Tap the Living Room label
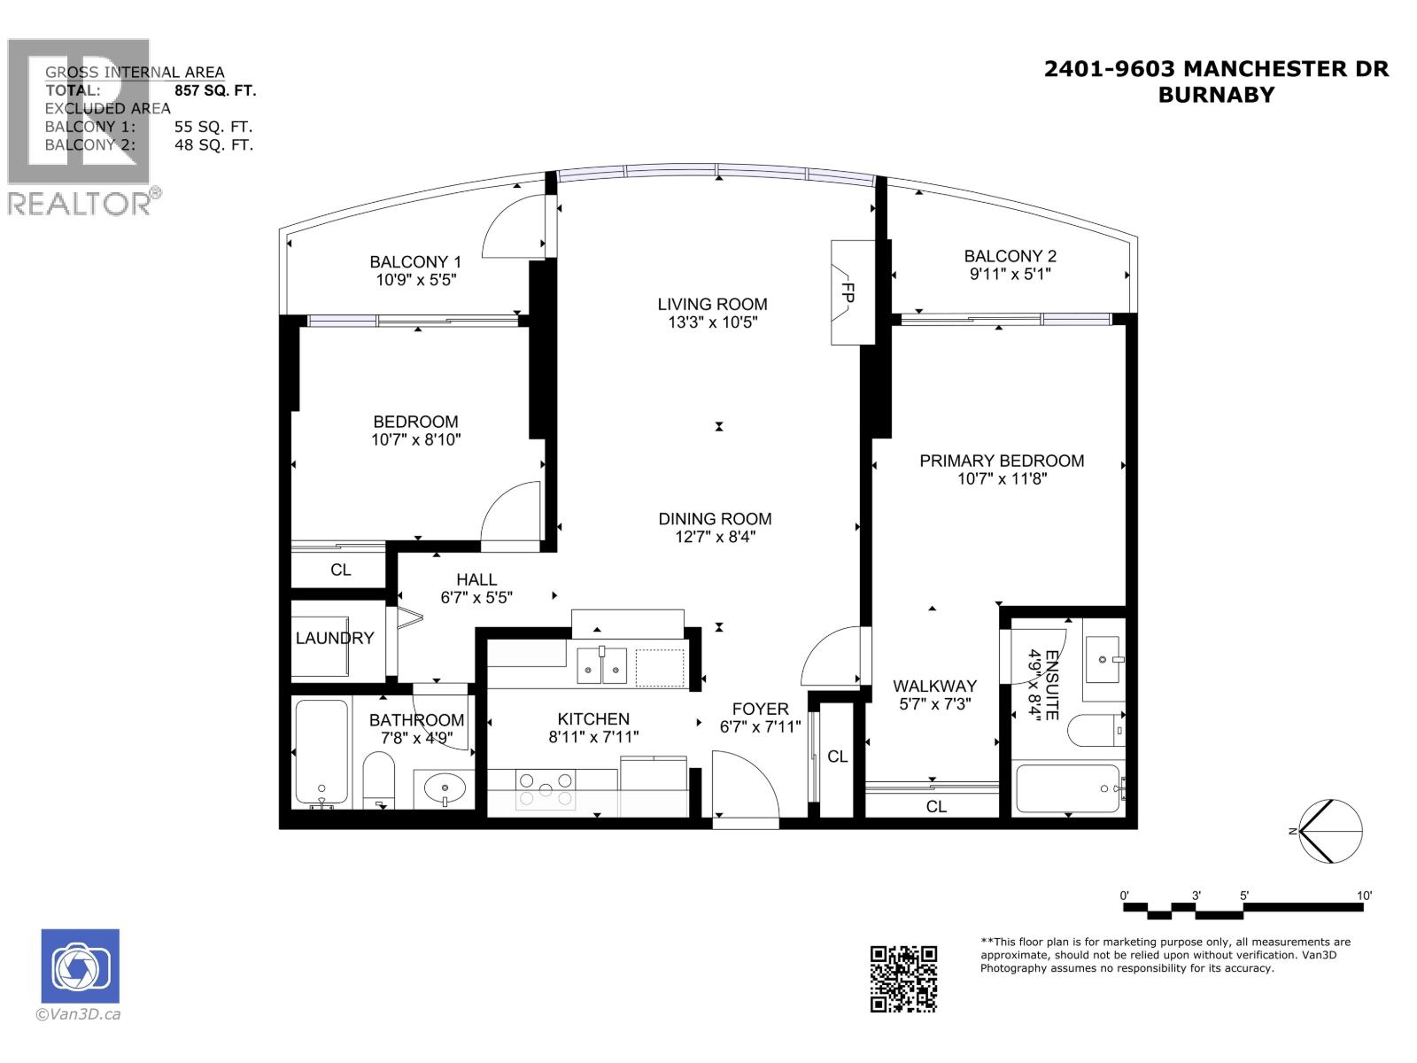(712, 304)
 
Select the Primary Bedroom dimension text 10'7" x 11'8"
(1002, 479)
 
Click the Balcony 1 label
(415, 262)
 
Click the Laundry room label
(335, 638)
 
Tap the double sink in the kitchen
(602, 665)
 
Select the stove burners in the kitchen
(545, 788)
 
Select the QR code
(902, 978)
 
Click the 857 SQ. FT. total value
(215, 90)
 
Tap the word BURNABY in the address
(1216, 95)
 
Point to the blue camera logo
(80, 966)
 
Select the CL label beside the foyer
(837, 757)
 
